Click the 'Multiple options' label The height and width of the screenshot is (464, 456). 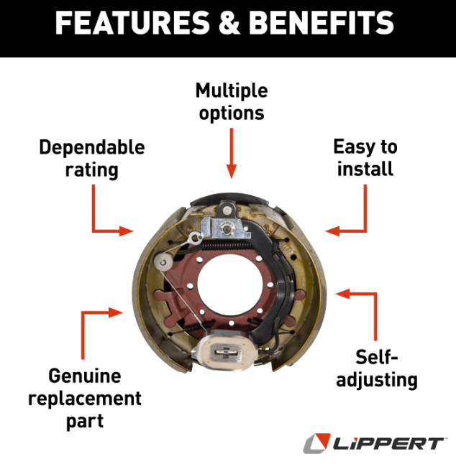pos(231,102)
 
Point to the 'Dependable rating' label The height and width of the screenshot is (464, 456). pos(91,158)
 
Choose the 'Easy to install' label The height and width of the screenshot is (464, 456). pos(365,158)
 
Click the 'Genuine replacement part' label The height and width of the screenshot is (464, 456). pos(84,398)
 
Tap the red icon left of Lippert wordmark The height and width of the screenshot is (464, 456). pos(316,442)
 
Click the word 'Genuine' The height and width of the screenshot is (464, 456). pos(84,376)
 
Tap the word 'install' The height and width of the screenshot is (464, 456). pos(365,170)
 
